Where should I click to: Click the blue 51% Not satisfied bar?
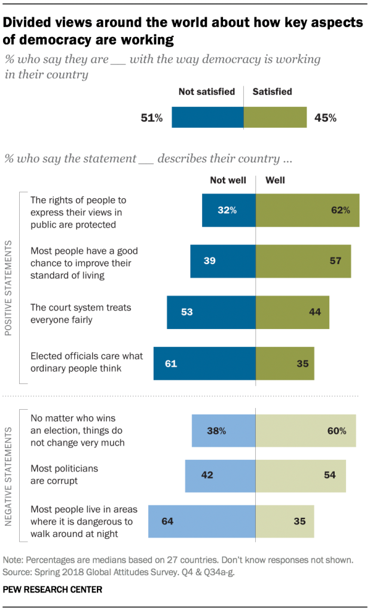(x=207, y=118)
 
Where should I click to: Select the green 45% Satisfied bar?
(x=275, y=118)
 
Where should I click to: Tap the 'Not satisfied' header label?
(x=206, y=92)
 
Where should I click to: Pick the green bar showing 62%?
(x=307, y=210)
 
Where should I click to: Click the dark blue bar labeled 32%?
(x=228, y=210)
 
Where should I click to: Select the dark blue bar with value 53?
(x=211, y=312)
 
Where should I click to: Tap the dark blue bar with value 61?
(x=204, y=363)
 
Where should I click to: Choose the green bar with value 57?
(x=303, y=261)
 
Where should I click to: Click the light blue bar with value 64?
(x=202, y=521)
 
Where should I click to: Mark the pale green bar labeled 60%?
(x=305, y=430)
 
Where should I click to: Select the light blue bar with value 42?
(x=220, y=475)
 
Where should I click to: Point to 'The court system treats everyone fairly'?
(x=80, y=312)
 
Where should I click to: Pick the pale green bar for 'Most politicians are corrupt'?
(x=301, y=475)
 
